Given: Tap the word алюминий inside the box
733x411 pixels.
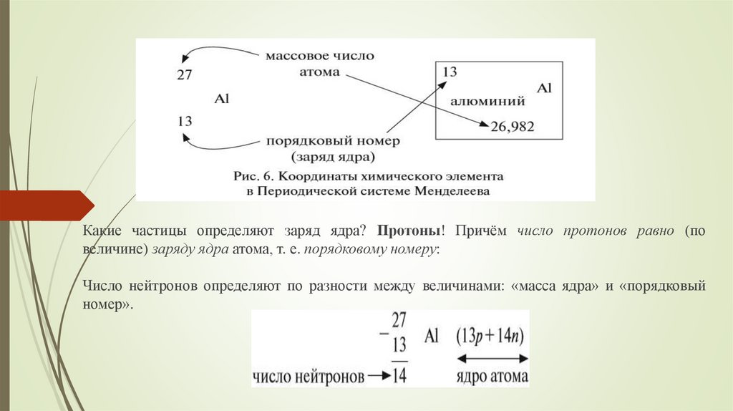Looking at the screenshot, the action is pyautogui.click(x=487, y=101).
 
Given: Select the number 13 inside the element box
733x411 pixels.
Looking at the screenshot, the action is pyautogui.click(x=450, y=72).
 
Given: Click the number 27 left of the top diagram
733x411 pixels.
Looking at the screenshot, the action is pyautogui.click(x=184, y=74).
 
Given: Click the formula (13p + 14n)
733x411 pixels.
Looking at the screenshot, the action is pyautogui.click(x=492, y=336).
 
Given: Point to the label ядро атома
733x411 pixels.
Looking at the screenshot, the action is pyautogui.click(x=492, y=376).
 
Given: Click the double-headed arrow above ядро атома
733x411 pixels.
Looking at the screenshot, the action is pyautogui.click(x=492, y=357).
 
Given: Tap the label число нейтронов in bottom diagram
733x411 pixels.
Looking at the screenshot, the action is pyautogui.click(x=307, y=376).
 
